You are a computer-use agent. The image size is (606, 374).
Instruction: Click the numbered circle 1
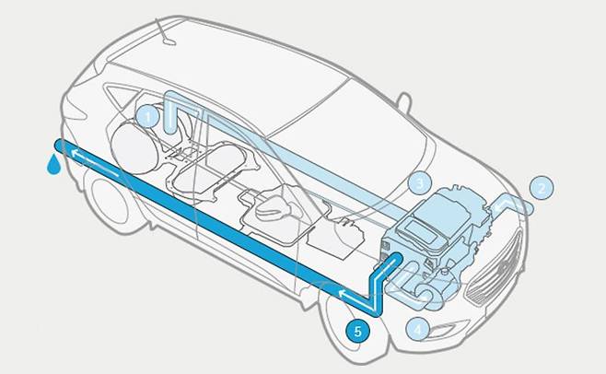(x=147, y=116)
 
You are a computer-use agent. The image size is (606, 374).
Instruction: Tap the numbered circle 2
(x=542, y=188)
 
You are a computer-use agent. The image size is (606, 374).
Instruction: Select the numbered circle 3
(x=420, y=182)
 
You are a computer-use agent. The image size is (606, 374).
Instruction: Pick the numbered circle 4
(x=417, y=330)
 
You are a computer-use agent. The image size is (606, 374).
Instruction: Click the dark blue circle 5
(x=357, y=331)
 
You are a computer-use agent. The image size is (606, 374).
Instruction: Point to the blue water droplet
(x=53, y=164)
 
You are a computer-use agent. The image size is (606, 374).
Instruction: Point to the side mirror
(x=404, y=102)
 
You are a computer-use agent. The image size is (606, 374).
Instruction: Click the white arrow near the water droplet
(x=95, y=162)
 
